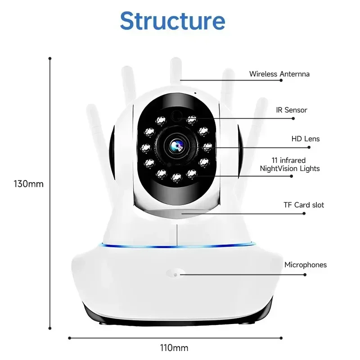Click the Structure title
pyautogui.click(x=173, y=20)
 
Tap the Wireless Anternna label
pyautogui.click(x=279, y=74)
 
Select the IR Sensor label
pyautogui.click(x=292, y=110)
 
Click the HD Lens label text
pyautogui.click(x=305, y=139)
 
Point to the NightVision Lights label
pyautogui.click(x=290, y=169)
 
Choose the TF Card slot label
pyautogui.click(x=304, y=205)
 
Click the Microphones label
pyautogui.click(x=305, y=265)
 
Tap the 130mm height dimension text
pyautogui.click(x=29, y=184)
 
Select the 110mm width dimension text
pyautogui.click(x=174, y=348)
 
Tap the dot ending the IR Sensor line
pyautogui.click(x=293, y=118)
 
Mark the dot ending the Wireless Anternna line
pyautogui.click(x=281, y=80)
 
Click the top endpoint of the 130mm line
pyautogui.click(x=50, y=58)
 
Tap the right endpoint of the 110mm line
pyautogui.click(x=282, y=337)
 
